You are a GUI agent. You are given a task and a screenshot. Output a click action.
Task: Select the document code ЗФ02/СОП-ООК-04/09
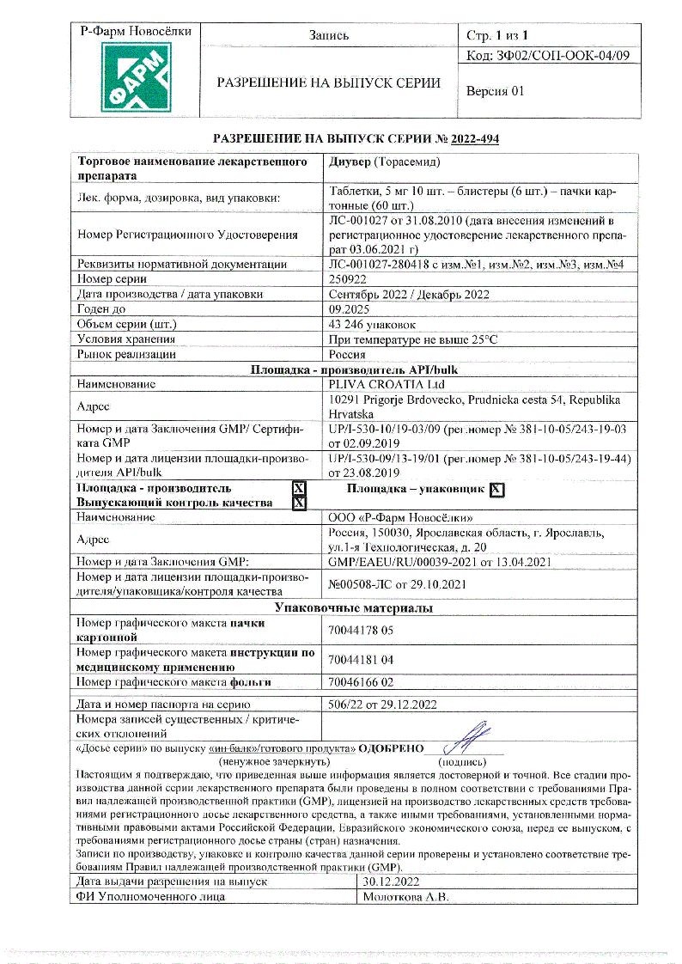(548, 56)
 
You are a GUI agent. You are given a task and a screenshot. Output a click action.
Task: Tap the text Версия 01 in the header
(495, 91)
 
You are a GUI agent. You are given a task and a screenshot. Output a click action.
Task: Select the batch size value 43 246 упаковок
(373, 324)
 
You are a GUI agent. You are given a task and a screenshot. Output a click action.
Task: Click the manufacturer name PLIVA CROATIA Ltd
(384, 384)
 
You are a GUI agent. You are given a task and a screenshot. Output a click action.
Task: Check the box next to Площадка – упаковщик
(496, 490)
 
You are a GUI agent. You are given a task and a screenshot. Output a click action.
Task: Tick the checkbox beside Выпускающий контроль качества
(299, 503)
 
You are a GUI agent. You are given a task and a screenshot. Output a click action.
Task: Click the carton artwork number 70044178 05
(361, 630)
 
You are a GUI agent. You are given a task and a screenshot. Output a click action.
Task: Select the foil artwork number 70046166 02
(361, 682)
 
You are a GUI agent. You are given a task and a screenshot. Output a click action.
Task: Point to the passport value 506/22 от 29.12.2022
(383, 705)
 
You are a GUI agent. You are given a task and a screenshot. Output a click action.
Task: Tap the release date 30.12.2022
(391, 882)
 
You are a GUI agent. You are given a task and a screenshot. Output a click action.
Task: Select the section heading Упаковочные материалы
(354, 607)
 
